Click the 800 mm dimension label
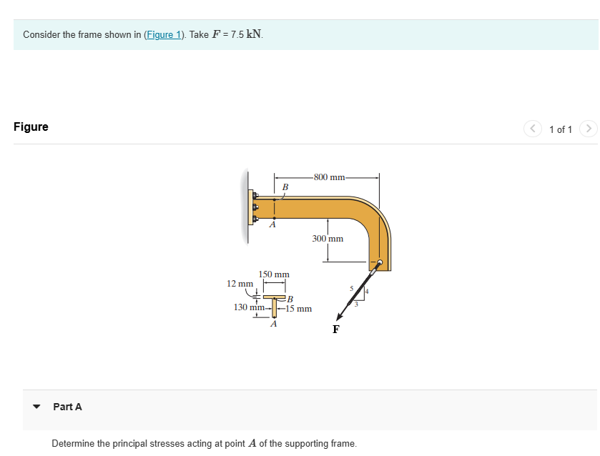(328, 177)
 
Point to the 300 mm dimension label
(328, 239)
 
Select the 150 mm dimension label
(274, 274)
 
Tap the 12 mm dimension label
(240, 284)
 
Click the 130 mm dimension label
(249, 307)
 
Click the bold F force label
(335, 329)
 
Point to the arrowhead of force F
(340, 317)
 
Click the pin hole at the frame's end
(380, 263)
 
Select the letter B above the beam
(285, 187)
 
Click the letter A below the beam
(271, 225)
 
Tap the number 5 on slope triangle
(351, 289)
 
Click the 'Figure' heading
(31, 127)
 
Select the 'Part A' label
(67, 407)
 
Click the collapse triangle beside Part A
(36, 407)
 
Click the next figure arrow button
(588, 129)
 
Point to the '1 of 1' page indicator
(561, 129)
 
